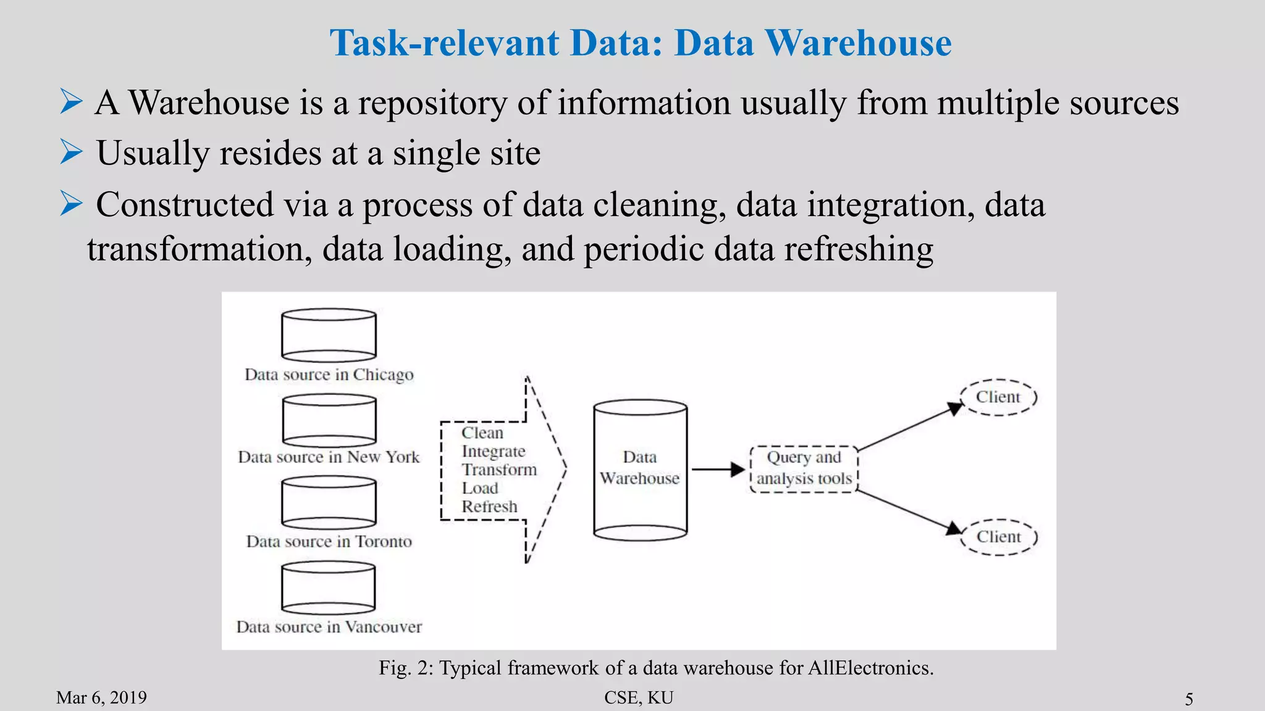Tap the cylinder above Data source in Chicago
point(329,335)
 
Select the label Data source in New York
point(329,457)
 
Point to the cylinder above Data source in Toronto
point(329,502)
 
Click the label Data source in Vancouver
point(329,627)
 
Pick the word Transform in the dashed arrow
point(499,470)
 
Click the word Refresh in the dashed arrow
point(489,507)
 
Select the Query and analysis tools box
point(804,468)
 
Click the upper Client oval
point(998,397)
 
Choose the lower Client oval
point(999,537)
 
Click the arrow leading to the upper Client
point(908,428)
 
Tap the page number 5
point(1188,699)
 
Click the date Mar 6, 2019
point(101,697)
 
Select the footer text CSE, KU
point(639,697)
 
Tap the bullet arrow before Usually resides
point(71,152)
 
